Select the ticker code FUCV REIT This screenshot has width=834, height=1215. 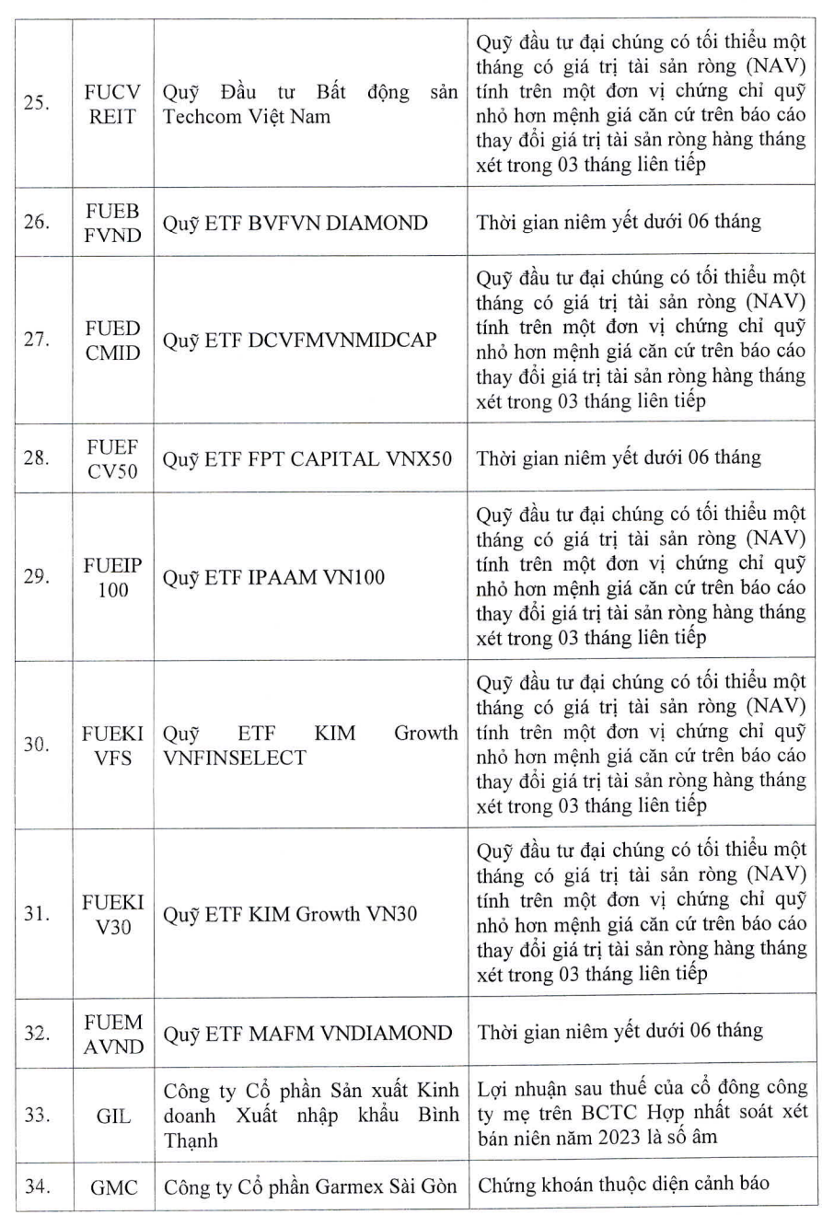point(113,104)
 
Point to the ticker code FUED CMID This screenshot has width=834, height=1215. point(113,340)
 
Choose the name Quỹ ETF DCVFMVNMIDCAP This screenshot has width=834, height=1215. point(300,340)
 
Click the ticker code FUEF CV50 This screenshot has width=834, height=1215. point(113,457)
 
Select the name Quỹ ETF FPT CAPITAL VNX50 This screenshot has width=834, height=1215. point(307,457)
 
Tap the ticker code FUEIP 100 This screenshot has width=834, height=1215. point(113,577)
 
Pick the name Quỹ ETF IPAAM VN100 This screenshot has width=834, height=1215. point(274,577)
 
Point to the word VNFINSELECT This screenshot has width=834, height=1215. point(235,758)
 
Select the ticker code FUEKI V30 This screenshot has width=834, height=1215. point(113,914)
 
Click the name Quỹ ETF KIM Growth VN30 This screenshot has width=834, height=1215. point(290,914)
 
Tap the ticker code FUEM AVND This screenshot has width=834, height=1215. point(113,1034)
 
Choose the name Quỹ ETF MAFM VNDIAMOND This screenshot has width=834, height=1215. point(307,1034)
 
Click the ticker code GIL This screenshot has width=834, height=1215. point(113,1116)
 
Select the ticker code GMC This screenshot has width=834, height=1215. point(113,1187)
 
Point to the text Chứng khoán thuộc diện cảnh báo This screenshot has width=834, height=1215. point(621,1186)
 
